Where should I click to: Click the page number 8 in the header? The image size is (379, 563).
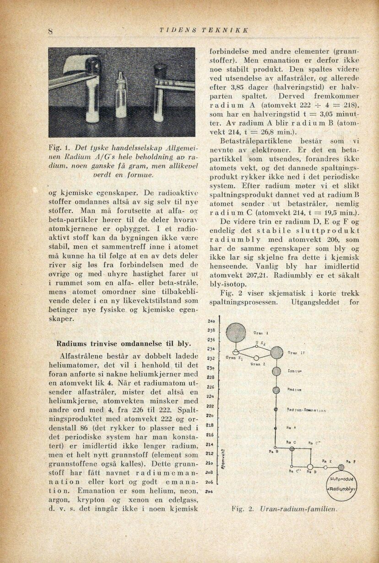51,32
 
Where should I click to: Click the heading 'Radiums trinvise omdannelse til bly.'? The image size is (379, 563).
124,343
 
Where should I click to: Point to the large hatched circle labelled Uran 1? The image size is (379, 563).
236,333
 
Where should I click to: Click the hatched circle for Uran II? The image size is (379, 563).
276,352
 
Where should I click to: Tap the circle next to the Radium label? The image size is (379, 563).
276,390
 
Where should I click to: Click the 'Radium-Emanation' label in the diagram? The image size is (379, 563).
306,410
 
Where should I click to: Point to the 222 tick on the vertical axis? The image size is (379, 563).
211,406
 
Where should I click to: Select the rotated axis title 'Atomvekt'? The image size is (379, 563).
223,460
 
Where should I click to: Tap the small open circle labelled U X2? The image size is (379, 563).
256,347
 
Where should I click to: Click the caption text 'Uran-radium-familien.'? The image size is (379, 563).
298,509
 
